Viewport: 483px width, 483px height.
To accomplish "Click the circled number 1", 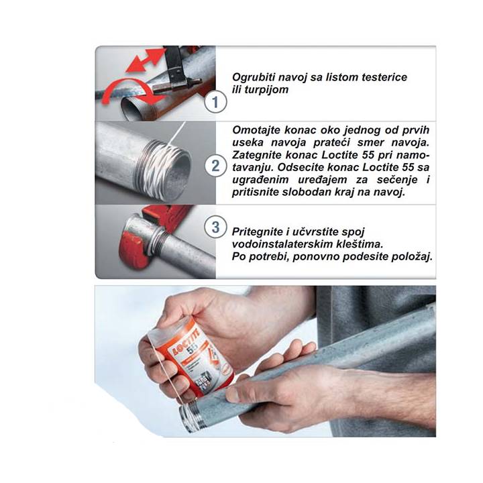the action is (x=215, y=102).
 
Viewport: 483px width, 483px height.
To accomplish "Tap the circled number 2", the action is (x=215, y=166).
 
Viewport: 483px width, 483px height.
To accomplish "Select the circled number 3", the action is (x=215, y=227).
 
